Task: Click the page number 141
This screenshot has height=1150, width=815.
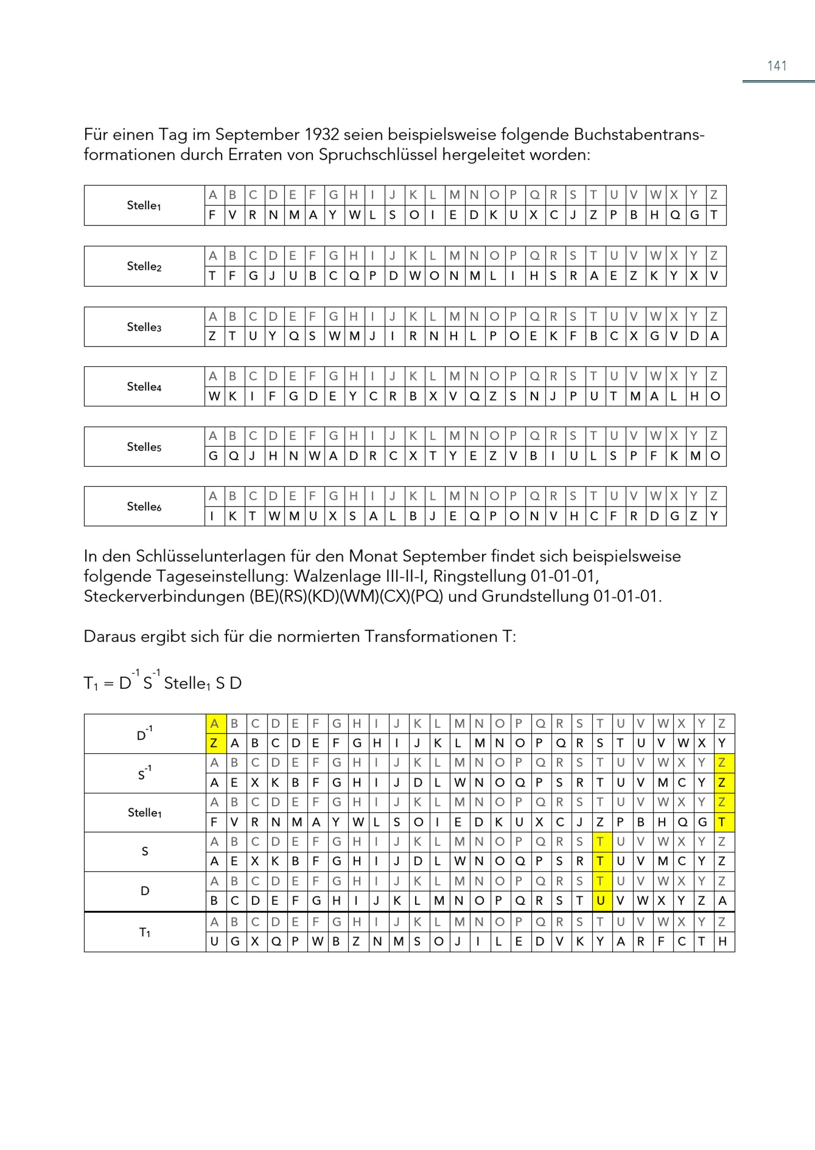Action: (x=776, y=66)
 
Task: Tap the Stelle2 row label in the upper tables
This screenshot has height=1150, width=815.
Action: (x=144, y=266)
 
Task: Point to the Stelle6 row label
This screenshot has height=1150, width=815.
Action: (x=144, y=506)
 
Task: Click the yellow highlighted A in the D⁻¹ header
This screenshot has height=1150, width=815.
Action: (x=214, y=723)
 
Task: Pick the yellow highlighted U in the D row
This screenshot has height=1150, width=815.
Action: (x=600, y=901)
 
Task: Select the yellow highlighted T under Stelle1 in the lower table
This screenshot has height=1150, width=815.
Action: (x=722, y=822)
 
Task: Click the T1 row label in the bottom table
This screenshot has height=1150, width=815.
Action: (x=145, y=932)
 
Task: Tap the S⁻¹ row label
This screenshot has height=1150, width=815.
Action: (x=145, y=773)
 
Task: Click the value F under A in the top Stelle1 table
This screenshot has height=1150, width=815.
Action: (x=213, y=215)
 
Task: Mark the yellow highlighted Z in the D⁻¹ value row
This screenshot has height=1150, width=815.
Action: (x=214, y=743)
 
